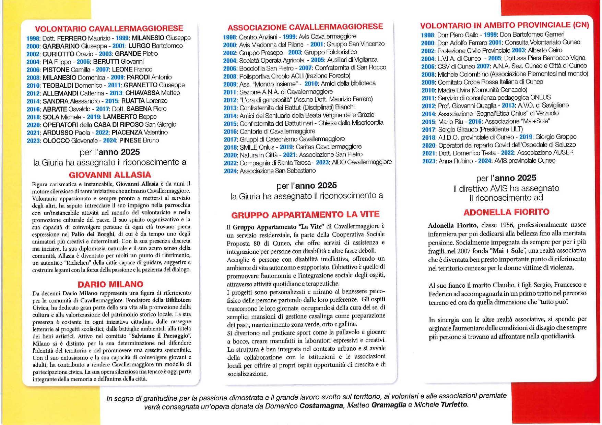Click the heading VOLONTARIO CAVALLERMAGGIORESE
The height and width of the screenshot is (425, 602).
click(109, 28)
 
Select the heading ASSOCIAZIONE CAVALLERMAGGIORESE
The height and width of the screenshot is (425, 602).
click(305, 27)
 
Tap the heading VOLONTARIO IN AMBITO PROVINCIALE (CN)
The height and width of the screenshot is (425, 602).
click(504, 25)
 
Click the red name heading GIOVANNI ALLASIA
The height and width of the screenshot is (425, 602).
click(110, 175)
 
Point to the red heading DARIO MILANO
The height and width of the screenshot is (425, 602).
click(110, 284)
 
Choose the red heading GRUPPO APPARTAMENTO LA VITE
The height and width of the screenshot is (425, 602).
click(305, 215)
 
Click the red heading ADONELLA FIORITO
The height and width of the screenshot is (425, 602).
click(506, 212)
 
